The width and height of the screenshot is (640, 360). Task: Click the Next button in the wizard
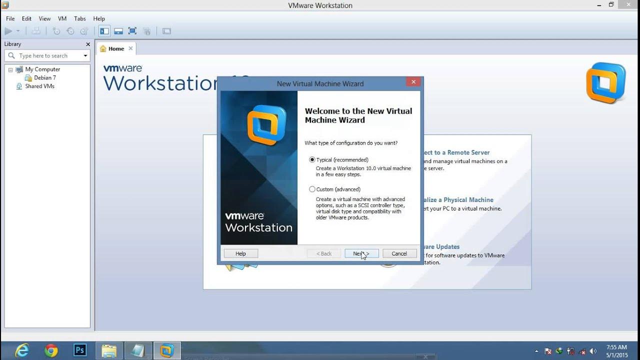coord(361,253)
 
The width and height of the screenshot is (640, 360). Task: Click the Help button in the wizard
coord(240,253)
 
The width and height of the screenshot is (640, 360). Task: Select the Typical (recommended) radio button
coord(312,160)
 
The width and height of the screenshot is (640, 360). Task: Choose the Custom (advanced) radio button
coord(312,189)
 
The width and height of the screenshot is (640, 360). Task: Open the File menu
coord(10,18)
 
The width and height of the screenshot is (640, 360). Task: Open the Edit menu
coord(26,18)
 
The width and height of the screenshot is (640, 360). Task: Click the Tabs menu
coord(80,18)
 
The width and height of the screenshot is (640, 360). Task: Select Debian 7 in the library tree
coord(44,78)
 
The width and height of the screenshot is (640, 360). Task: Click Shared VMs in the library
coord(39,86)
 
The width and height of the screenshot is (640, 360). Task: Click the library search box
coord(47,56)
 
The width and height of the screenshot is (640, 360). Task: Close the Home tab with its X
coord(131,48)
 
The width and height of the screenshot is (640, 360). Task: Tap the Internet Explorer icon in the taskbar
coord(22,350)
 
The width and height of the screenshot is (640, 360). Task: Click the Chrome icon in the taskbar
coord(51,350)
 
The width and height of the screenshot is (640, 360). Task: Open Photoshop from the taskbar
coord(80,350)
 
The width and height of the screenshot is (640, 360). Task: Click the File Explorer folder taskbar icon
coord(109,350)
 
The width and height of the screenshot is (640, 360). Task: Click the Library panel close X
coord(88,44)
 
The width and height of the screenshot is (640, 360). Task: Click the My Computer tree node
coord(42,69)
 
